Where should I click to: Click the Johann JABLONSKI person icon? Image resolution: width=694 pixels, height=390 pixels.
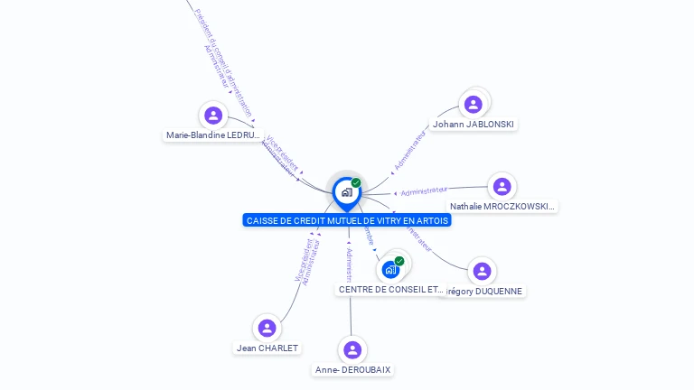(473, 105)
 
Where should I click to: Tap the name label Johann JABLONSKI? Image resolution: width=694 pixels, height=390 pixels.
(474, 124)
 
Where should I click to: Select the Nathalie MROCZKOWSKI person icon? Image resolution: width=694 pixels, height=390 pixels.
(502, 187)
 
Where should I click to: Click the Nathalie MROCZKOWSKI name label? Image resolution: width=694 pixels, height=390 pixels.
(502, 207)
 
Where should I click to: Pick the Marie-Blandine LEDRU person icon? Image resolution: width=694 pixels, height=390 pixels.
(213, 116)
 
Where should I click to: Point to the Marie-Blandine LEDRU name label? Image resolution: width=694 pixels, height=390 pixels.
(213, 135)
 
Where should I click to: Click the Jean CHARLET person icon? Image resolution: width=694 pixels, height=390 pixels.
(267, 328)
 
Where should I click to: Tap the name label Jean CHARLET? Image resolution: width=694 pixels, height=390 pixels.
(267, 348)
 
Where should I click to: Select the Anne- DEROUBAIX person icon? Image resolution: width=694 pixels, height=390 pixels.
(352, 349)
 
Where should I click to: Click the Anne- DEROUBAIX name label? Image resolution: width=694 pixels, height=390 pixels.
(353, 369)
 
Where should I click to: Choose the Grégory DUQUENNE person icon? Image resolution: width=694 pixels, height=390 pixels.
(482, 271)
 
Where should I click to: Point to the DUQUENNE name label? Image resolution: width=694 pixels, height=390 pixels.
(485, 291)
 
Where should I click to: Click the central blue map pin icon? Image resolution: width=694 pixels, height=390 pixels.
(346, 192)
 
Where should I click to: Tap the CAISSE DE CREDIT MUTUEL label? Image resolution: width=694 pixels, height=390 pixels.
(347, 220)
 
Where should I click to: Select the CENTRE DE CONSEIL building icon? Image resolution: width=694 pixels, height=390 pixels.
(390, 269)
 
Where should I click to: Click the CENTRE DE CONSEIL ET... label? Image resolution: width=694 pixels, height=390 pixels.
(390, 290)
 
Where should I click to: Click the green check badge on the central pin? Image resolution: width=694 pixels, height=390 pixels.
(356, 182)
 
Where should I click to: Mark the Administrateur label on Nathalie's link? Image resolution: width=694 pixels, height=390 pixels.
(424, 190)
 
